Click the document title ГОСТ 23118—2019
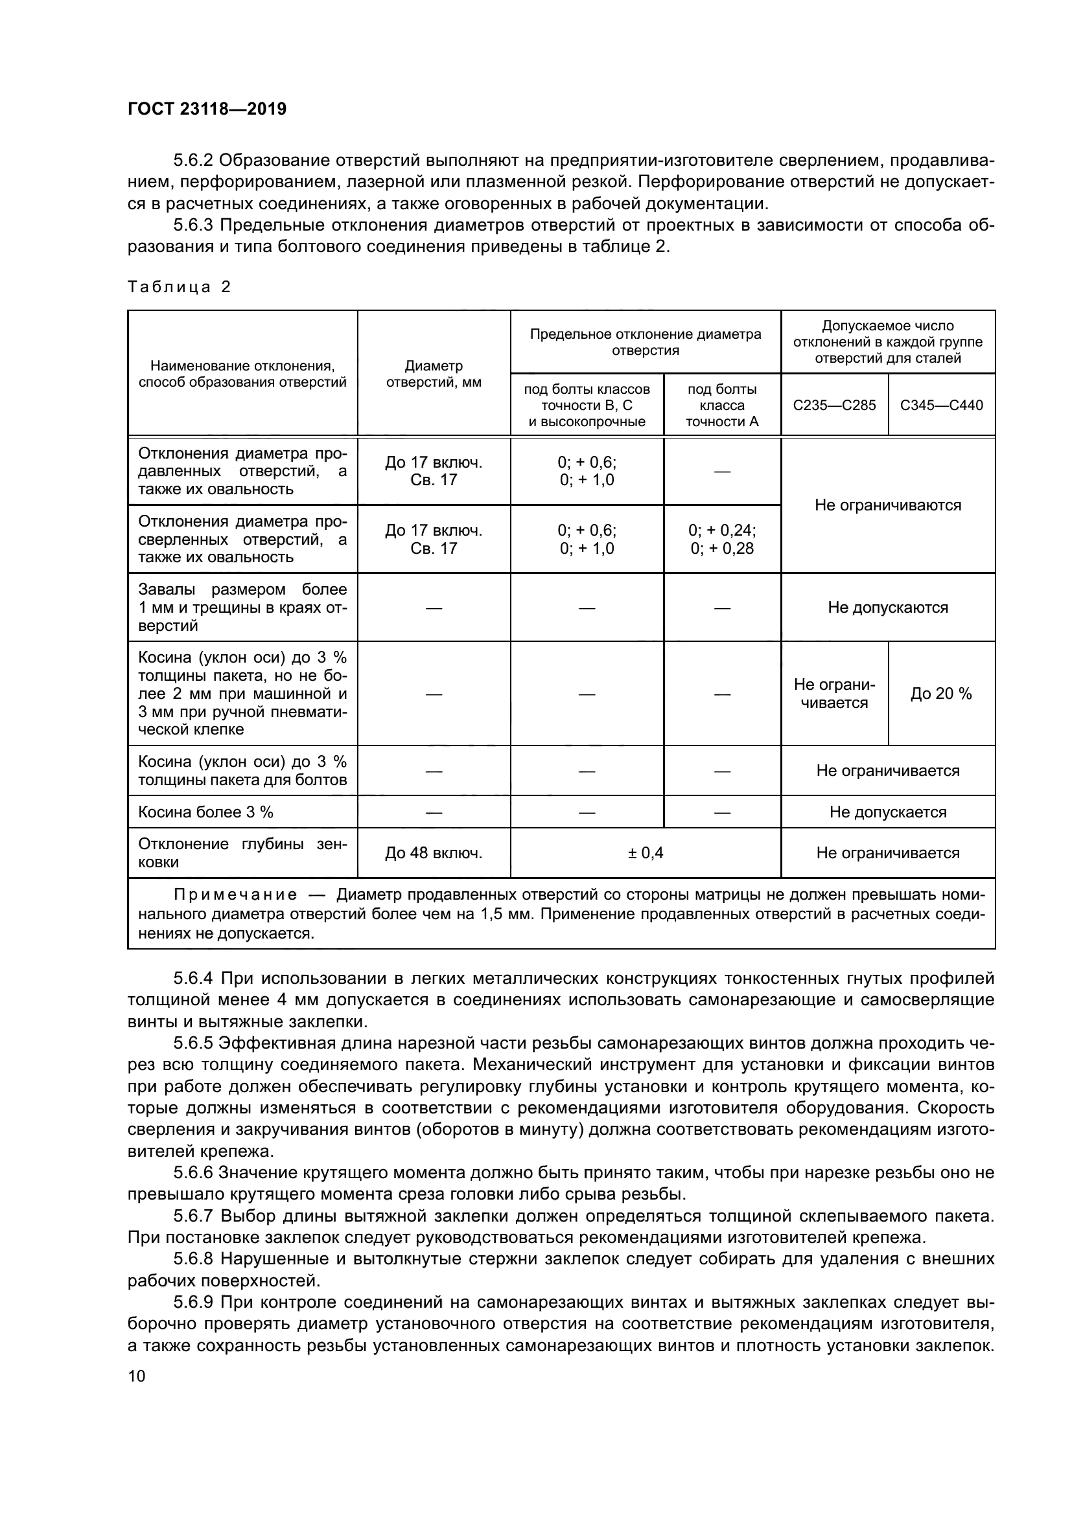tap(207, 109)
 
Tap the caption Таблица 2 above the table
tap(179, 287)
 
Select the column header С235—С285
tap(833, 404)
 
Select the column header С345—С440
tap(940, 404)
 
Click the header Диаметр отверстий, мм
tap(433, 374)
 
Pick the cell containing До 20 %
tap(940, 694)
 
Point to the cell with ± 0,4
tap(645, 852)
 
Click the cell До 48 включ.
tap(433, 852)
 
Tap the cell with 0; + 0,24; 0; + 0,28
tap(721, 539)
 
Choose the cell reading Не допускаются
tap(887, 607)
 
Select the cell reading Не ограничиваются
tap(887, 505)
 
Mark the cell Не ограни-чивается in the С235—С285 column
tap(833, 694)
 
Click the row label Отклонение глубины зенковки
tap(242, 852)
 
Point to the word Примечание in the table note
tap(235, 894)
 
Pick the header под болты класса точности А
tap(721, 404)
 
